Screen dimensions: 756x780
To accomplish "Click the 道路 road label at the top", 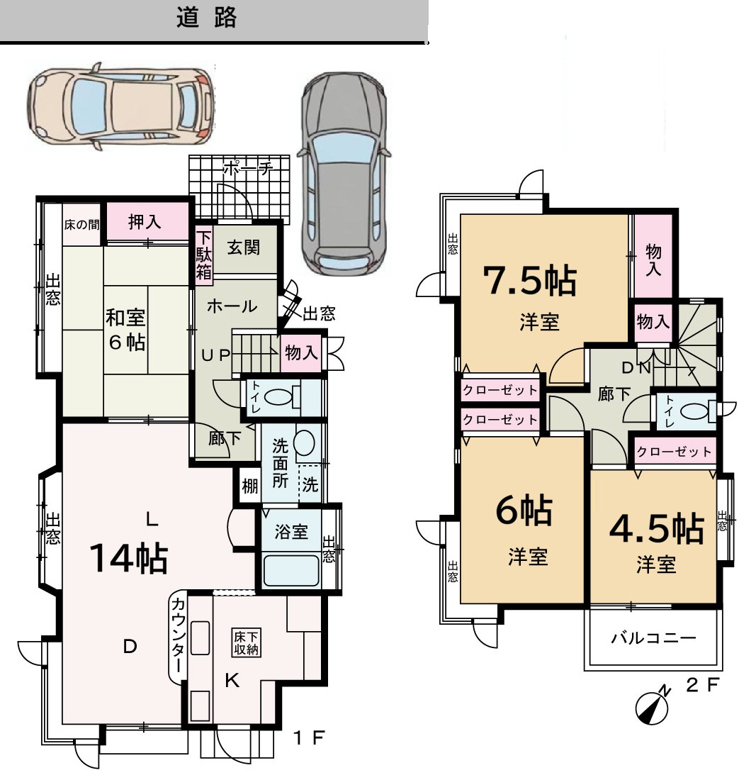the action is coord(206,18).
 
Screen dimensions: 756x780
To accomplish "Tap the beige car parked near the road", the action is coord(120,106).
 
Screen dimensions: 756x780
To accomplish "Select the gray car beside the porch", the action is coord(344,174).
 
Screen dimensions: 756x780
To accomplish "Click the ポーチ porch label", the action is coord(248,169).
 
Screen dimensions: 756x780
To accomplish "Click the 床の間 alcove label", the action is coord(82,225).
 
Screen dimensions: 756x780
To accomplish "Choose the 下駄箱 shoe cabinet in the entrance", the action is coord(204,256).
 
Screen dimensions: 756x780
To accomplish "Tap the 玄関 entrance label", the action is coord(244,247).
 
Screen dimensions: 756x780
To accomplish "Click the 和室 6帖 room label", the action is coord(125,329).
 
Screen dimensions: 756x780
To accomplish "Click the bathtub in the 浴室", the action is coord(290,570).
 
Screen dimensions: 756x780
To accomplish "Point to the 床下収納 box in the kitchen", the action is coord(246,643).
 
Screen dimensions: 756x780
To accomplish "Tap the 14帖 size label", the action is coord(129,557).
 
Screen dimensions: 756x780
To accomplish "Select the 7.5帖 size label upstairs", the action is coord(531,281).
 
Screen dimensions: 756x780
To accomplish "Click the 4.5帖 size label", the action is coord(657,529).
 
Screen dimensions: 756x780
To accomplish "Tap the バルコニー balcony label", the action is coord(653,637).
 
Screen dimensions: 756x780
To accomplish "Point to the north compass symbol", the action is coord(653,706).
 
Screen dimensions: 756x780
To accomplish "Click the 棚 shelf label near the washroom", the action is coord(250,486).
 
